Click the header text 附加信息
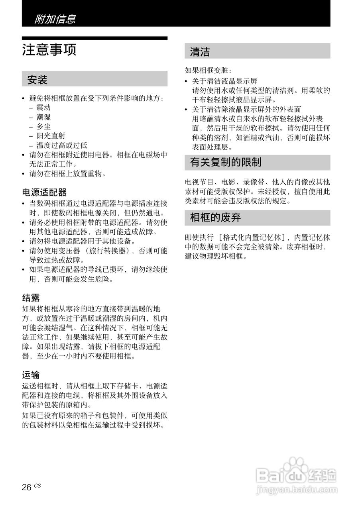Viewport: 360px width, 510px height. click(55, 19)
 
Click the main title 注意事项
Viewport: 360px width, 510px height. click(49, 50)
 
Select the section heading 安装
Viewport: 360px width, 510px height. click(37, 80)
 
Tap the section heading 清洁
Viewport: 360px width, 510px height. click(200, 52)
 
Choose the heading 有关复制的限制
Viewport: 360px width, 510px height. click(226, 163)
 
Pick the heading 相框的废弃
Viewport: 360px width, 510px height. click(215, 218)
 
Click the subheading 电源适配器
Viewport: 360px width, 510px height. click(44, 193)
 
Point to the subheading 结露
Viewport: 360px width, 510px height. click(31, 298)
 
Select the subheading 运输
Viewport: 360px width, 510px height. click(31, 375)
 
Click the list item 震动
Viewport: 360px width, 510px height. click(43, 108)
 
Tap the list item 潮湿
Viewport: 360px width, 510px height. click(43, 118)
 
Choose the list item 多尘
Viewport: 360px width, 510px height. click(43, 127)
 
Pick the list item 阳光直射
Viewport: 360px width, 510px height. click(51, 136)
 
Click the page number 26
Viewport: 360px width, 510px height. click(27, 487)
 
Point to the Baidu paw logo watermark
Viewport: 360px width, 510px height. click(296, 468)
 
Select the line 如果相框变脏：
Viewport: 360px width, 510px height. click(208, 71)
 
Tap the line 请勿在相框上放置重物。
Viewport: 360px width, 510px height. click(68, 173)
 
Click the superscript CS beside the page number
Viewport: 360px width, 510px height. click(37, 485)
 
